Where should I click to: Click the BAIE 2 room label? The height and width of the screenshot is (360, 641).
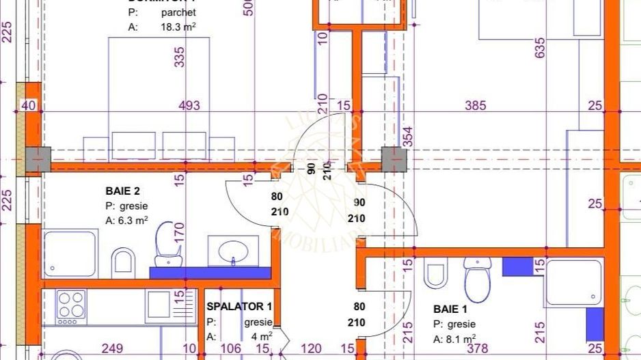[x=123, y=191]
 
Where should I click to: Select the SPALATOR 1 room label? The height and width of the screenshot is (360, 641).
[x=240, y=307]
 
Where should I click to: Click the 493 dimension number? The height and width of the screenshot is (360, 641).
[x=189, y=105]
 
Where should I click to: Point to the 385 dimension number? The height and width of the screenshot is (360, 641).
[x=475, y=105]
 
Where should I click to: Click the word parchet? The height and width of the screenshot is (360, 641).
[x=180, y=12]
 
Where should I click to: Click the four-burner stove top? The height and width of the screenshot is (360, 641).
[x=71, y=307]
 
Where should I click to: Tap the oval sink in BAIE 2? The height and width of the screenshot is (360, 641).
[x=232, y=250]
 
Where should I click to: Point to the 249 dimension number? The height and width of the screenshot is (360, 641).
[x=113, y=349]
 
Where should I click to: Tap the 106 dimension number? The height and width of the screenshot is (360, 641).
[x=232, y=349]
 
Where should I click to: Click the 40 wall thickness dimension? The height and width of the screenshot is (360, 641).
[x=28, y=105]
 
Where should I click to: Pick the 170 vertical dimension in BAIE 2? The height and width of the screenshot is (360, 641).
[x=179, y=232]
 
